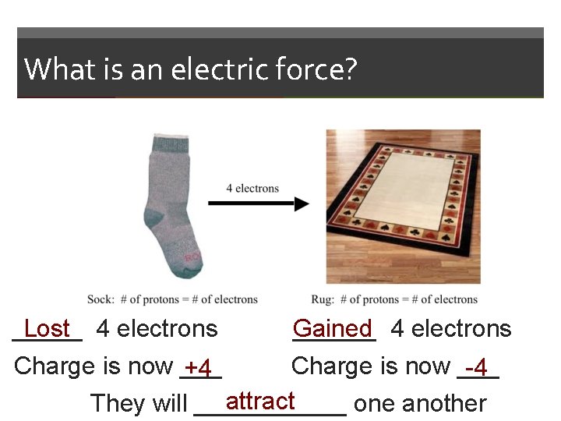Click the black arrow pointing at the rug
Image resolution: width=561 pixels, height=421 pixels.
tap(258, 204)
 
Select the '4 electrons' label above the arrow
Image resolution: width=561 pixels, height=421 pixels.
tap(252, 188)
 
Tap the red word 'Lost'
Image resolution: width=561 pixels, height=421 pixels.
tap(48, 329)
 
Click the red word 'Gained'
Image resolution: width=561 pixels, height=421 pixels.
tap(333, 329)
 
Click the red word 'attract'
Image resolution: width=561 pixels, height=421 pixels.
tap(260, 402)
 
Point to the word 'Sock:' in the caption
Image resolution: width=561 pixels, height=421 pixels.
tap(101, 299)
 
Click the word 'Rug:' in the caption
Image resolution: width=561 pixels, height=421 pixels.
tap(323, 299)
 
